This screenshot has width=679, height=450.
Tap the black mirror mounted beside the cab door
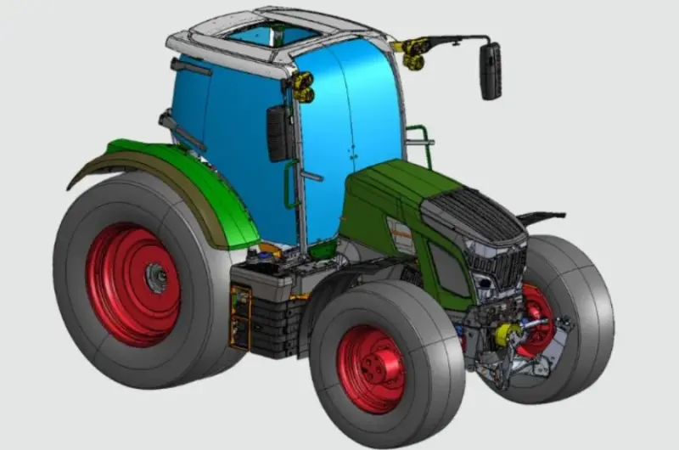[x=278, y=133]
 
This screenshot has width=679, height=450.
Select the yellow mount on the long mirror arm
[x=414, y=53]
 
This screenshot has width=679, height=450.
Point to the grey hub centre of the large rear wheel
[x=155, y=276]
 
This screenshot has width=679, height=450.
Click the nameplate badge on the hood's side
[x=400, y=229]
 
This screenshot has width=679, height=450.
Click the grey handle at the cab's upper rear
[x=190, y=67]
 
